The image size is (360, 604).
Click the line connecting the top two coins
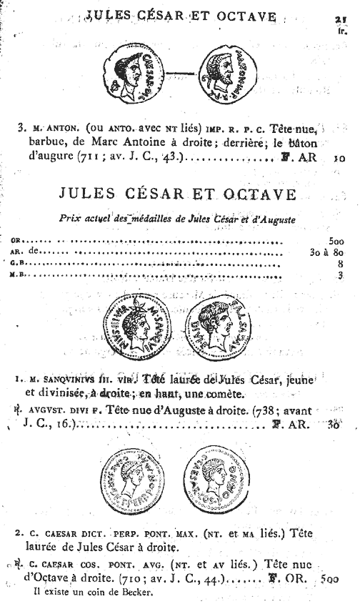click(179, 74)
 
